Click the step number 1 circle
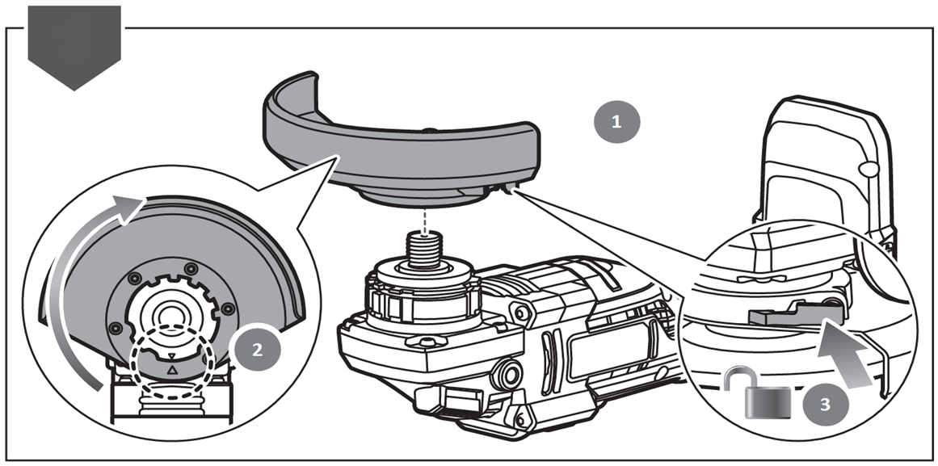pyautogui.click(x=617, y=123)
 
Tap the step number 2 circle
pyautogui.click(x=256, y=350)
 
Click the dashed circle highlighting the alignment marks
pyautogui.click(x=171, y=364)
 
